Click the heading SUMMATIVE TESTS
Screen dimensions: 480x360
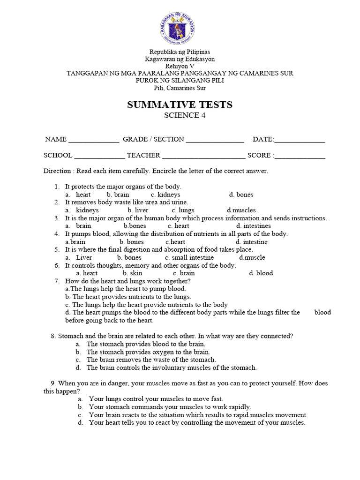(x=180, y=105)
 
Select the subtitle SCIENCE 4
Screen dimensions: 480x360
(x=180, y=116)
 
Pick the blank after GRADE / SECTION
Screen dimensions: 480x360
(x=215, y=140)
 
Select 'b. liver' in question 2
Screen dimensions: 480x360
(x=138, y=210)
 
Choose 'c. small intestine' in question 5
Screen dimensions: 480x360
(x=189, y=257)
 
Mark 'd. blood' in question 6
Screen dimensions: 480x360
(x=261, y=273)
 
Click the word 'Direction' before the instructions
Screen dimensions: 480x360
(x=57, y=171)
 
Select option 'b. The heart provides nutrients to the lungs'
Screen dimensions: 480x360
(x=128, y=297)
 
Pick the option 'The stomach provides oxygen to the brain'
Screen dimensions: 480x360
(x=148, y=352)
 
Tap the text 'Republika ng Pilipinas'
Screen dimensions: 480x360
(x=180, y=52)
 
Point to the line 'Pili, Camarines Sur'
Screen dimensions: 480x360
(x=180, y=88)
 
